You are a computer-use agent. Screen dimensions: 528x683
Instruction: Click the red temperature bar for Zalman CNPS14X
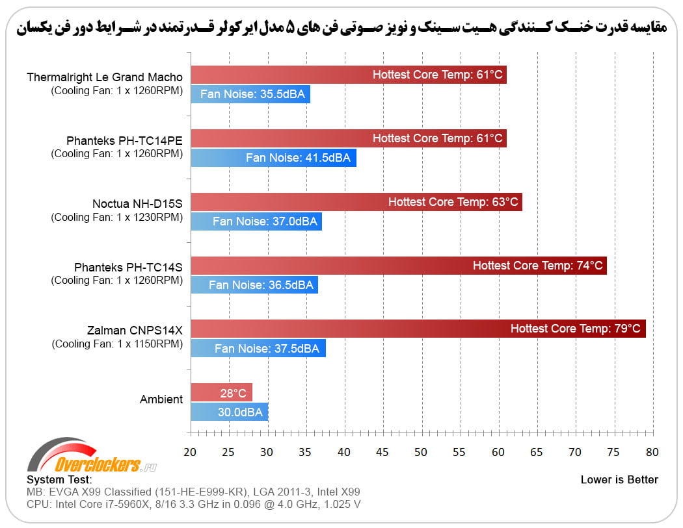point(418,329)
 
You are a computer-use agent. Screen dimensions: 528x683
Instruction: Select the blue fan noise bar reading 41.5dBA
point(273,158)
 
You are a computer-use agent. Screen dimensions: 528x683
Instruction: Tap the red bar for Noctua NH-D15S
point(356,202)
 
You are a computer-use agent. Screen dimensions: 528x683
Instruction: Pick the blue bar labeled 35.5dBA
point(250,94)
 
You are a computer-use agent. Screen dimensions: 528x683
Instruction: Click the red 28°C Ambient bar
point(221,393)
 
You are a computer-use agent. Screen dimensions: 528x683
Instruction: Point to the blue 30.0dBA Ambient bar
point(229,412)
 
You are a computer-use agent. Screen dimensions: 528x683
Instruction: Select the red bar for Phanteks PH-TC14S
point(398,265)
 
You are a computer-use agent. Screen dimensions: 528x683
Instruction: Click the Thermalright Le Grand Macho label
point(105,77)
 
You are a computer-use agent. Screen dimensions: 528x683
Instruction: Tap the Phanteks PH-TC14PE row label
point(124,140)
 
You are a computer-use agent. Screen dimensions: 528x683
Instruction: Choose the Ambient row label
point(161,399)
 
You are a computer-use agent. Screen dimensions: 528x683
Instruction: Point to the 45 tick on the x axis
point(382,452)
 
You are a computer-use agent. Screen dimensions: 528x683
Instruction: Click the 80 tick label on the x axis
point(652,452)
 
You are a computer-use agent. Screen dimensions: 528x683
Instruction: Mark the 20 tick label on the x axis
point(191,452)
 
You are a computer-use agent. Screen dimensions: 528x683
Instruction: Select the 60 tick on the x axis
point(498,452)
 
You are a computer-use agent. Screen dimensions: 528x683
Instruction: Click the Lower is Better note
point(619,480)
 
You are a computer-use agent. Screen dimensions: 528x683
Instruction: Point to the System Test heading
point(59,480)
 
